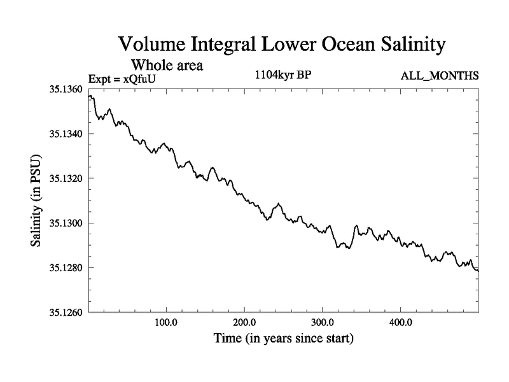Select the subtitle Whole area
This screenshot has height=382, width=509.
pos(167,65)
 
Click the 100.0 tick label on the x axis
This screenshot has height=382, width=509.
pos(166,322)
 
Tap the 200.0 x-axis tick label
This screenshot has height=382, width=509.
pos(244,322)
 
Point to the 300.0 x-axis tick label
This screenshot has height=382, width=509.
pos(323,322)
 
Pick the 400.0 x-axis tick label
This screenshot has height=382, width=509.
pos(401,322)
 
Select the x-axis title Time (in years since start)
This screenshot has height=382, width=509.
pos(282,338)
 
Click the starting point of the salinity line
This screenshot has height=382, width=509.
pos(88,96)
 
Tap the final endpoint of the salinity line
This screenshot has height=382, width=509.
pos(478,271)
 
